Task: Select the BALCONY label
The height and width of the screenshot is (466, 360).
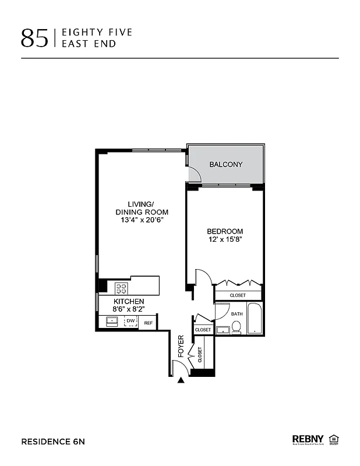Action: (x=226, y=165)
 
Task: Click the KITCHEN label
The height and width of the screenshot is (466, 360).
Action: (x=129, y=301)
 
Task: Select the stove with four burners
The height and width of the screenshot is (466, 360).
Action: (x=122, y=287)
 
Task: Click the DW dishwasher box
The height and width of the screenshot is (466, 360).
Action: (x=130, y=322)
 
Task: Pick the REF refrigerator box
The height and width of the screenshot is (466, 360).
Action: (x=148, y=323)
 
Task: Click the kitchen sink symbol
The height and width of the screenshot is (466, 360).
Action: (x=111, y=322)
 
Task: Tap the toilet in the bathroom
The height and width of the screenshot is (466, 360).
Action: (x=237, y=329)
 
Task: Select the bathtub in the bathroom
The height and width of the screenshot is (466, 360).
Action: (x=255, y=319)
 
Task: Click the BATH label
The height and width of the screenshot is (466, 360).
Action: (x=237, y=314)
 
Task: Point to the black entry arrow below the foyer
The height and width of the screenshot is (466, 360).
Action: (x=181, y=380)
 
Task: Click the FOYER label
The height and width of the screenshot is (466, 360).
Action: (x=181, y=346)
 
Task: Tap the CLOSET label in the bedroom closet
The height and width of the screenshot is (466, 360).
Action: (x=238, y=295)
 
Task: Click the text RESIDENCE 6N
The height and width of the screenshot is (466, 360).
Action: (x=53, y=442)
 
